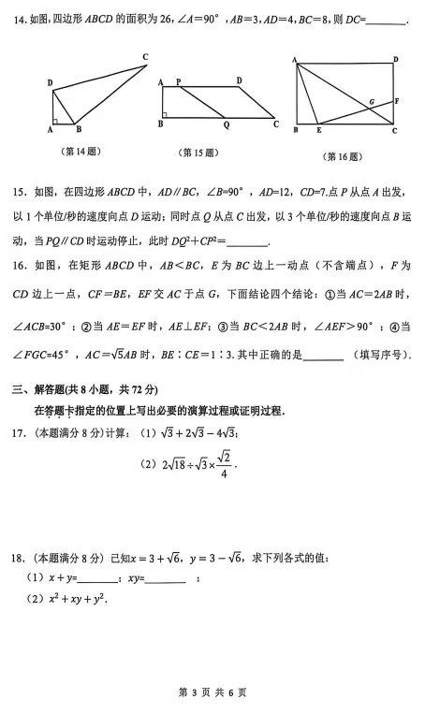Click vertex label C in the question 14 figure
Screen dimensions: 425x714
tap(145, 58)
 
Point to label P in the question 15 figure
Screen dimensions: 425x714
tap(178, 82)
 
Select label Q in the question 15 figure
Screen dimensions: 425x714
tap(226, 124)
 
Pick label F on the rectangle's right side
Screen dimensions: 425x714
tap(397, 100)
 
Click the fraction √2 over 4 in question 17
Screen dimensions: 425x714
tap(222, 465)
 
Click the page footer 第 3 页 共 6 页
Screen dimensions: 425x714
tap(212, 692)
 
